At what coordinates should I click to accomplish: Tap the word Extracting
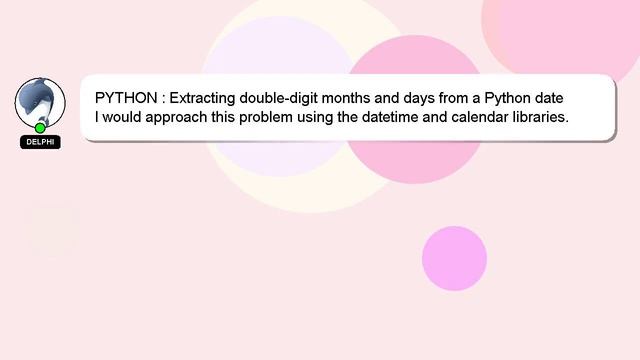click(203, 99)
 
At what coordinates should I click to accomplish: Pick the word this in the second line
click(231, 118)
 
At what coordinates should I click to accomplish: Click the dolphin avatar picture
click(40, 102)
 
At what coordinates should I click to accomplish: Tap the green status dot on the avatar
click(40, 128)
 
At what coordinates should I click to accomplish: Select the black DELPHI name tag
click(40, 142)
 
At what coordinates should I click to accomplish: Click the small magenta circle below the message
click(454, 258)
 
